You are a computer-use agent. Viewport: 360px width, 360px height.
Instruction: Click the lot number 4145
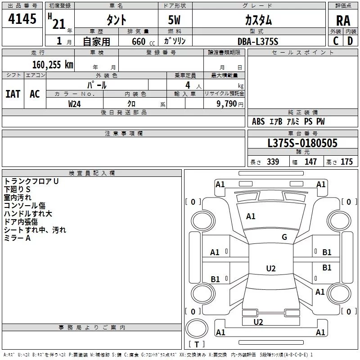click(22, 19)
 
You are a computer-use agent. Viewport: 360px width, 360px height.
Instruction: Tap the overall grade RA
click(343, 21)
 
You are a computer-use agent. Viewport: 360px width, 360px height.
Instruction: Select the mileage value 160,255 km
click(53, 64)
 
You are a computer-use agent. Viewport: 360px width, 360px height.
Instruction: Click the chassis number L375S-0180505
click(302, 143)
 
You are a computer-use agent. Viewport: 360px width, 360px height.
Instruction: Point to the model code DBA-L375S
click(258, 41)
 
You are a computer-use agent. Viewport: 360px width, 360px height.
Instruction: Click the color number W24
click(74, 104)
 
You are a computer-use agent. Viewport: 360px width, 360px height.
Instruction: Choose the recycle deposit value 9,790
click(227, 104)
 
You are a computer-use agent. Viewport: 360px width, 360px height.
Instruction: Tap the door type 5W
click(174, 20)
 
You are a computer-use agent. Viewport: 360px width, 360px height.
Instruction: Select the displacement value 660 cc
click(143, 42)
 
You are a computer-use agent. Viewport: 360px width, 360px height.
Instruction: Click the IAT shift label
click(13, 94)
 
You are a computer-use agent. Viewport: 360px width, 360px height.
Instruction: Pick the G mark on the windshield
click(284, 237)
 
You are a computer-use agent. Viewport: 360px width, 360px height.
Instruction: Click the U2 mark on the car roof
click(271, 268)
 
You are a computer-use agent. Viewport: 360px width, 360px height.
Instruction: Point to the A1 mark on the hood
click(251, 216)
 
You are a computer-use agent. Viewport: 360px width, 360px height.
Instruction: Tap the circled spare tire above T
click(197, 328)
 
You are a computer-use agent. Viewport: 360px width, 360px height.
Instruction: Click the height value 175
click(346, 162)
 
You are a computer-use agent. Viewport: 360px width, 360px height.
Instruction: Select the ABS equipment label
click(258, 121)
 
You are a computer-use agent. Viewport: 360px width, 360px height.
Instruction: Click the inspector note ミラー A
click(17, 238)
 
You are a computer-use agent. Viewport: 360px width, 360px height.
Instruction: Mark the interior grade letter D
click(350, 41)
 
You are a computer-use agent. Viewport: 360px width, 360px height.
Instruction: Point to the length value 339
click(273, 162)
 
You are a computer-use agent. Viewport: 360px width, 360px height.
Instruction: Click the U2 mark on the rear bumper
click(258, 322)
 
